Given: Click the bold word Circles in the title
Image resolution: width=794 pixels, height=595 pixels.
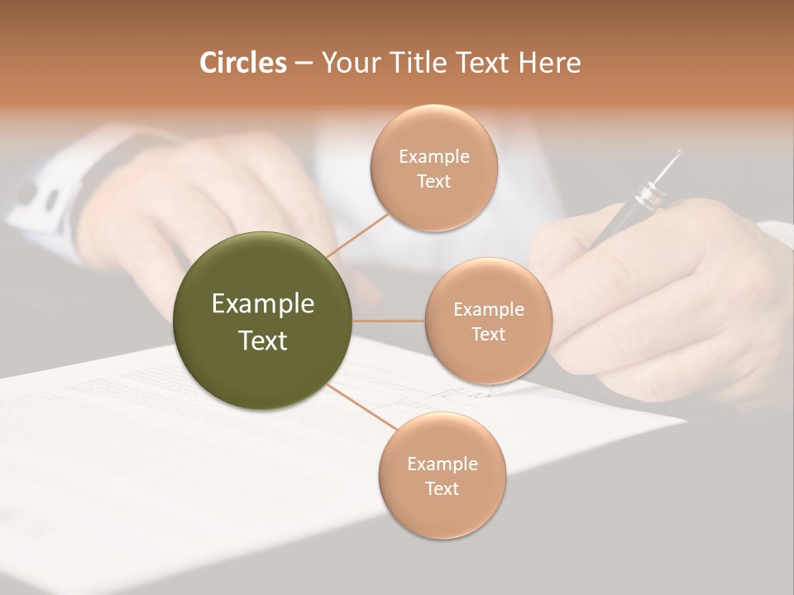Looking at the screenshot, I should [242, 63].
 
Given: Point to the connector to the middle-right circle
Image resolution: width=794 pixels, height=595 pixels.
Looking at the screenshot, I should [389, 321].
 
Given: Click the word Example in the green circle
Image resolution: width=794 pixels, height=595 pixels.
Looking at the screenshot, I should [263, 304].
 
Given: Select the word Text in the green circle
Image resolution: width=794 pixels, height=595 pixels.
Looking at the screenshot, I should [263, 340].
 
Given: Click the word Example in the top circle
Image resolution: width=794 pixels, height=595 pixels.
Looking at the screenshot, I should [433, 156].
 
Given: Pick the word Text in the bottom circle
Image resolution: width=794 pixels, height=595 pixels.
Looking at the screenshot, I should [442, 488].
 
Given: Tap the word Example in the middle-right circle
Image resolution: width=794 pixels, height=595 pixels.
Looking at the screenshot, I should [488, 310].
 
